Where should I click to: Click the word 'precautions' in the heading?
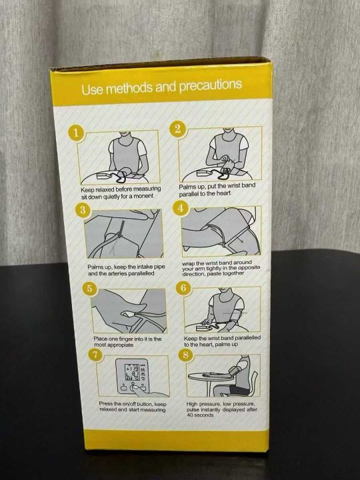pos(211,85)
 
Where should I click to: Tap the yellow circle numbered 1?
pos(76,133)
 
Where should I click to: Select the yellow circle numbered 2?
pos(177,129)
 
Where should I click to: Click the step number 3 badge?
pos(83,210)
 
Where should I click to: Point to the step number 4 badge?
pos(181,208)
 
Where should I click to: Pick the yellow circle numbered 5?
pos(90,289)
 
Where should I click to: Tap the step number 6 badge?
pos(183,288)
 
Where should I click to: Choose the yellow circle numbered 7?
pos(95,355)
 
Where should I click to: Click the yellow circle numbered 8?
pos(185,355)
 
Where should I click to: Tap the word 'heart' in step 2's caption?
pos(223,193)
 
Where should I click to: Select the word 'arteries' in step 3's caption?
pos(115,273)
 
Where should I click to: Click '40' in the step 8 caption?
pos(190,415)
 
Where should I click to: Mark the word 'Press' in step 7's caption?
pos(105,404)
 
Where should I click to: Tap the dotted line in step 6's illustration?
pos(235,313)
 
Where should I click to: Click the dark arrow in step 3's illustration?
pos(120,229)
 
